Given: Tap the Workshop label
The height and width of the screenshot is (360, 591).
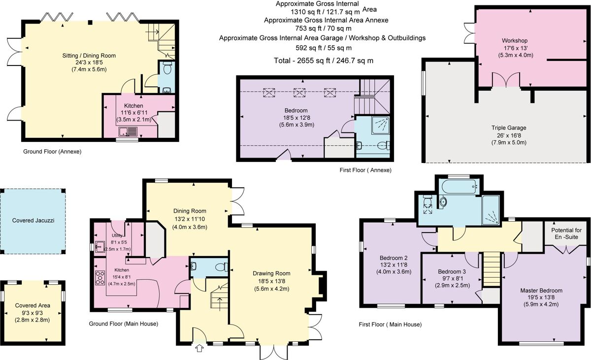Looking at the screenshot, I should pyautogui.click(x=515, y=40).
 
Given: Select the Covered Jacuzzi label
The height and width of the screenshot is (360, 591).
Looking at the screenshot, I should pyautogui.click(x=33, y=221).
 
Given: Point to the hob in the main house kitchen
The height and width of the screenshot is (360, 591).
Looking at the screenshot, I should pyautogui.click(x=100, y=278).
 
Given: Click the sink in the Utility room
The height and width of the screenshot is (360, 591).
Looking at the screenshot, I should pyautogui.click(x=100, y=246).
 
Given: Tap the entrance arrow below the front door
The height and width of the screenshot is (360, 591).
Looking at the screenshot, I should pyautogui.click(x=199, y=349).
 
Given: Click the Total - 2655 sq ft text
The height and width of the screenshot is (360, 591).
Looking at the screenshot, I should pyautogui.click(x=324, y=61).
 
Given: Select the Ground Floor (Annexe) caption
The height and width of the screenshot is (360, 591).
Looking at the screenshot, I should pyautogui.click(x=52, y=152).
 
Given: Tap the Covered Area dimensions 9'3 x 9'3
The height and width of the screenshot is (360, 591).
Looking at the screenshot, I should pyautogui.click(x=32, y=313).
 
